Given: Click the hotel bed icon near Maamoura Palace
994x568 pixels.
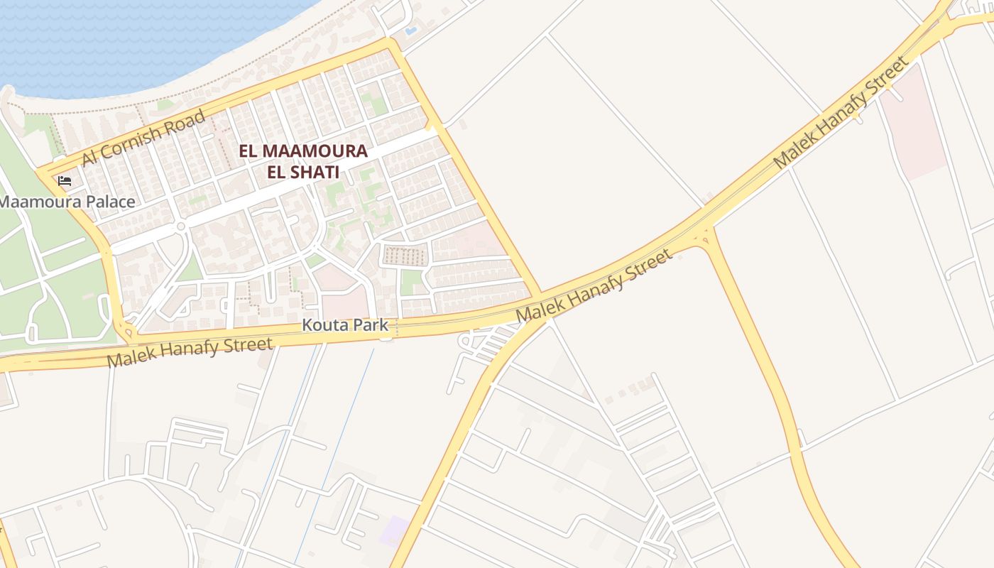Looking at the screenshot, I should [65, 180].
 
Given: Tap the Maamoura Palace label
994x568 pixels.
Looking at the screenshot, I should [67, 202].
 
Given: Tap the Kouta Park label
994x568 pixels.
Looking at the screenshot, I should [345, 325].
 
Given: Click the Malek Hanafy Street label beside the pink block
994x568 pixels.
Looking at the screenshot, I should [841, 113].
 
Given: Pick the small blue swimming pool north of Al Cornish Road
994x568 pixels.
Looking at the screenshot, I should [410, 31].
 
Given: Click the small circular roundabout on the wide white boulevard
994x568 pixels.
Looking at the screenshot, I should [180, 226].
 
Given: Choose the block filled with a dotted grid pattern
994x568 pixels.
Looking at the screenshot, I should [406, 255].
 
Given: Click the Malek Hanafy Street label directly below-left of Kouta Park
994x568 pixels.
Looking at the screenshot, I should [190, 352].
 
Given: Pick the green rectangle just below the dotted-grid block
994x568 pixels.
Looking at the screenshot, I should [411, 282].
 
